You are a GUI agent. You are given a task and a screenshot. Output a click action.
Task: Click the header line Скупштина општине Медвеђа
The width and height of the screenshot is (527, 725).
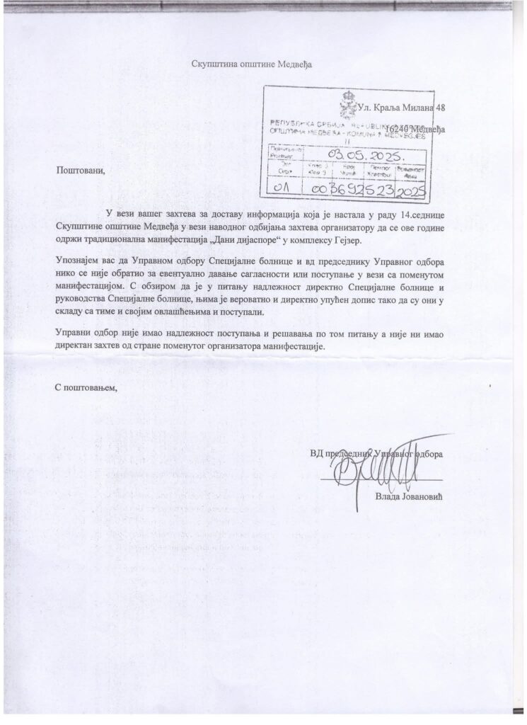click(x=252, y=64)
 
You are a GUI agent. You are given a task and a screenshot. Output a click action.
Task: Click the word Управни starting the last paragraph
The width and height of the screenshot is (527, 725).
click(x=73, y=333)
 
